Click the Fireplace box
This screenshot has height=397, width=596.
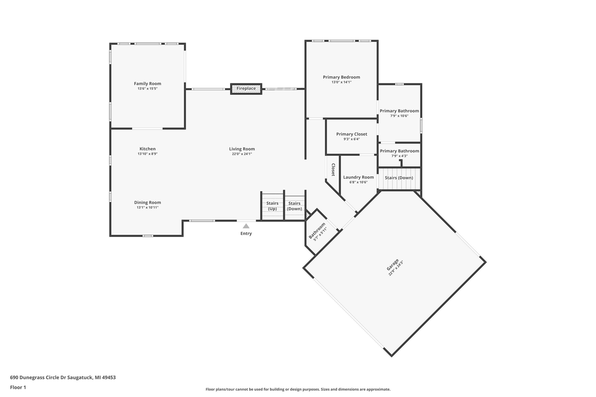pyautogui.click(x=246, y=88)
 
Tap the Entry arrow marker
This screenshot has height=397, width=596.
pyautogui.click(x=246, y=226)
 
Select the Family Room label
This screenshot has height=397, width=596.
pyautogui.click(x=147, y=84)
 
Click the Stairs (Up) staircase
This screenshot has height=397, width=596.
pyautogui.click(x=272, y=206)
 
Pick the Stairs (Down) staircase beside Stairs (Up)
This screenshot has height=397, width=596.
pyautogui.click(x=294, y=206)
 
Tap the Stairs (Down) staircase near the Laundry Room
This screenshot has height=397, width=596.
pyautogui.click(x=399, y=178)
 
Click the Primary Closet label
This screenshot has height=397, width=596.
pyautogui.click(x=352, y=134)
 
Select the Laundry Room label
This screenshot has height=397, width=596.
pyautogui.click(x=358, y=177)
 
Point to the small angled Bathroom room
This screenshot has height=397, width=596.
pyautogui.click(x=318, y=231)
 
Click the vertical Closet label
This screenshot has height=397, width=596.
pyautogui.click(x=333, y=169)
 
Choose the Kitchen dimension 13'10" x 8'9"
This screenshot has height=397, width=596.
pyautogui.click(x=148, y=154)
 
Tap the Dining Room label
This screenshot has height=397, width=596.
pyautogui.click(x=148, y=202)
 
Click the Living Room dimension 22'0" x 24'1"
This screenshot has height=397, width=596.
pyautogui.click(x=242, y=154)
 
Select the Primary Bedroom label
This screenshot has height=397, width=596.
pyautogui.click(x=341, y=77)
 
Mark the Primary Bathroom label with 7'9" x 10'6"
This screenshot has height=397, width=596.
pyautogui.click(x=399, y=111)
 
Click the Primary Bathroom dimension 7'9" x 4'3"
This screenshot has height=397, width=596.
pyautogui.click(x=399, y=156)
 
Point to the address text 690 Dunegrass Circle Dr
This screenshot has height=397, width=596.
pyautogui.click(x=63, y=377)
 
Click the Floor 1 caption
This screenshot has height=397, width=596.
pyautogui.click(x=18, y=387)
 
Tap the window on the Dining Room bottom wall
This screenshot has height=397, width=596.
pyautogui.click(x=148, y=236)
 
